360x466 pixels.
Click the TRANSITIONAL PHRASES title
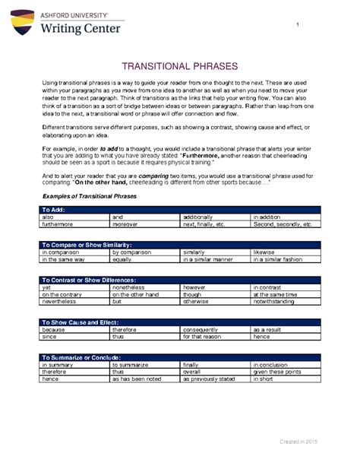click(x=179, y=67)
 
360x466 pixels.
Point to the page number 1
click(x=299, y=28)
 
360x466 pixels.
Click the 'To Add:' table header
click(x=55, y=209)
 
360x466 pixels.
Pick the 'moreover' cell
click(x=125, y=225)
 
